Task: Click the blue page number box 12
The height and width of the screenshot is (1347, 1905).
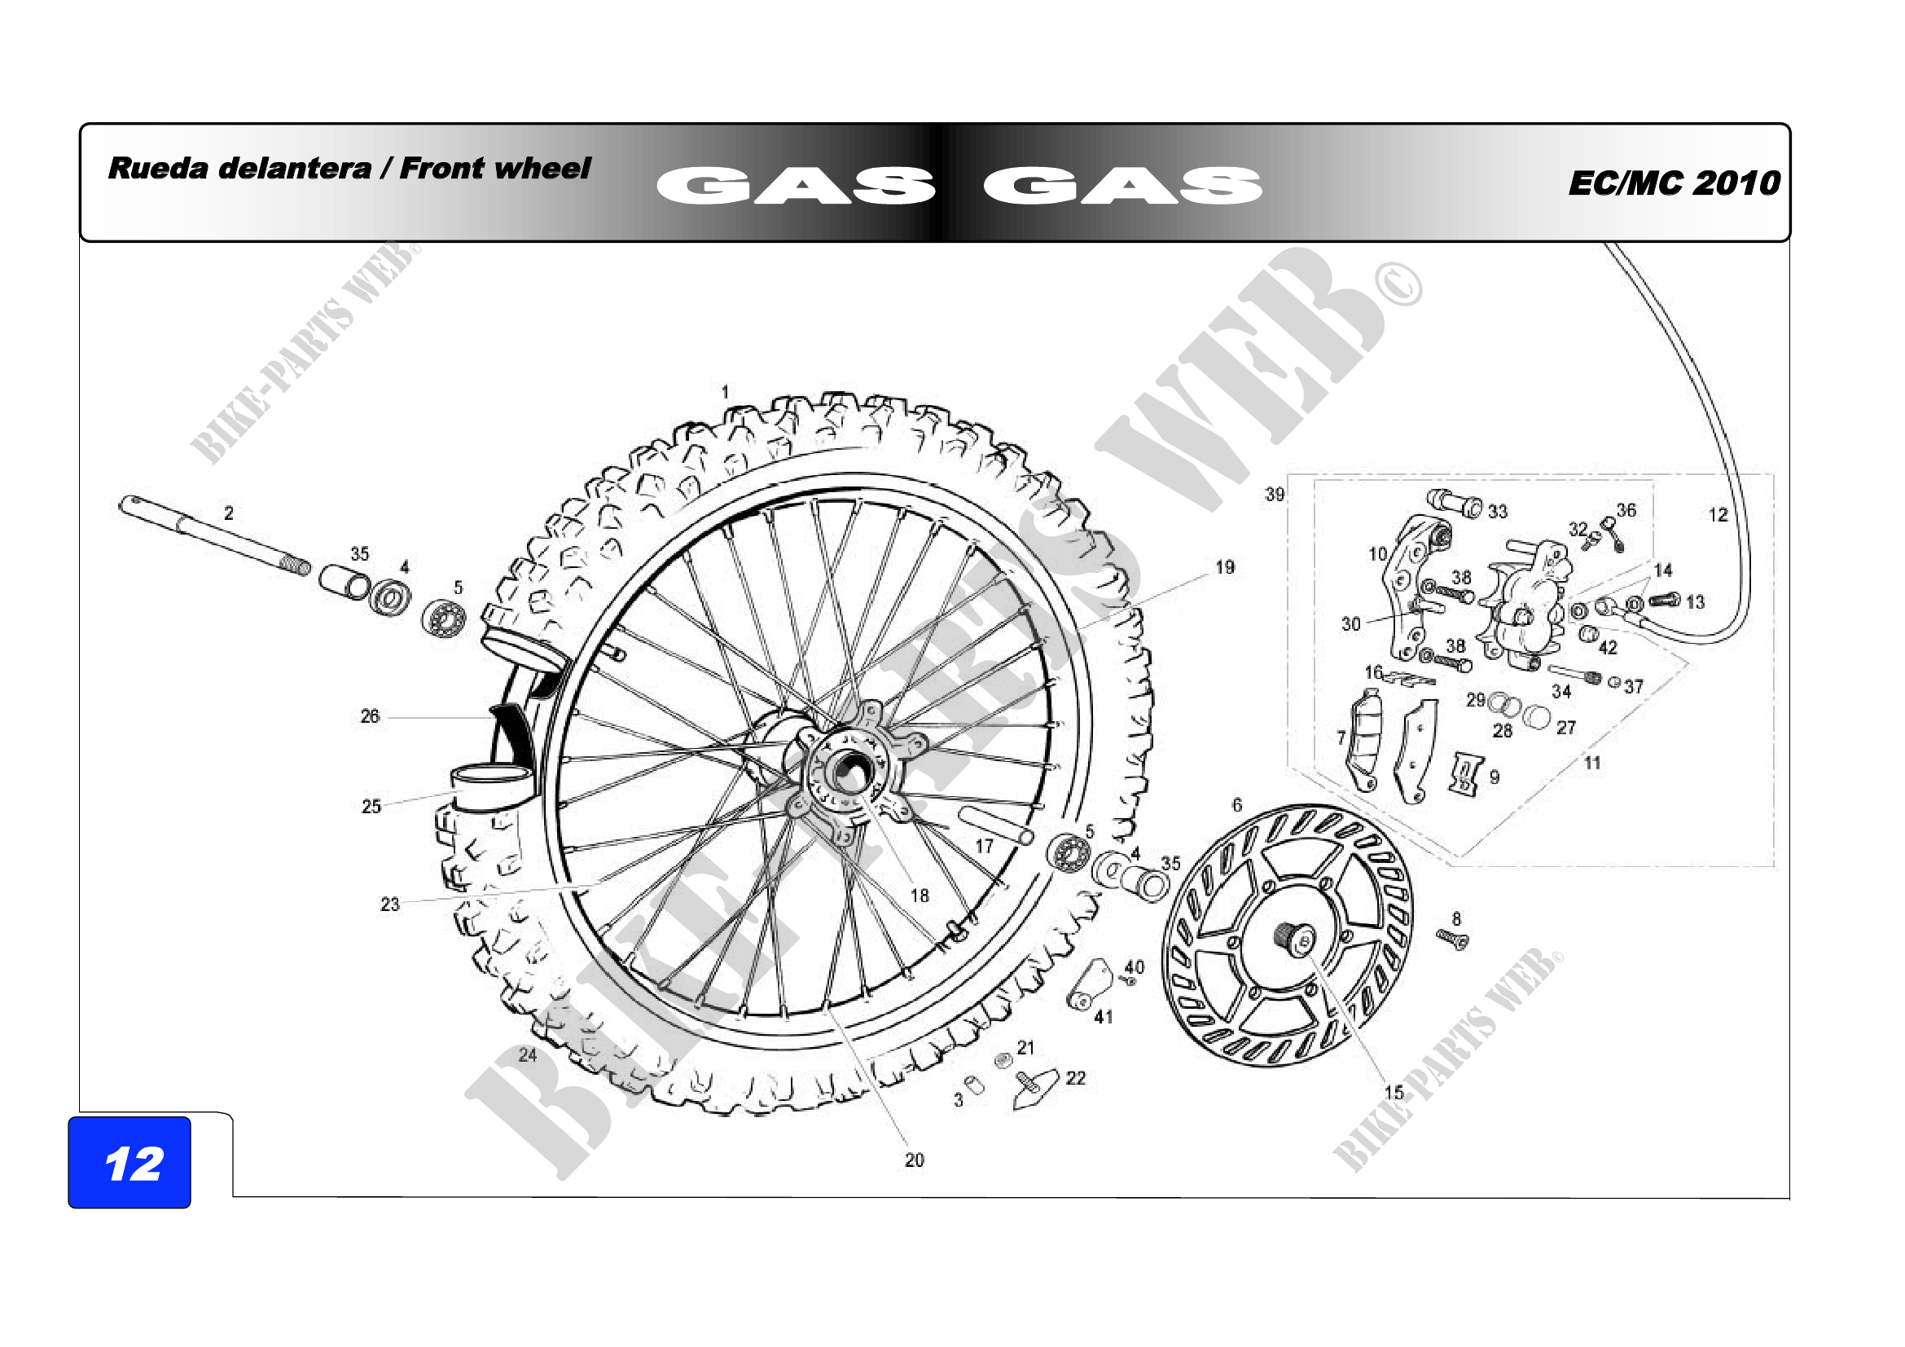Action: click(129, 1162)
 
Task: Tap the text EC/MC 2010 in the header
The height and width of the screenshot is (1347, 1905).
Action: click(1675, 183)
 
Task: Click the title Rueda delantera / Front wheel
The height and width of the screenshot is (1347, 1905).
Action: click(349, 169)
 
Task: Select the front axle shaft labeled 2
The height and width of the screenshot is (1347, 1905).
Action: click(214, 536)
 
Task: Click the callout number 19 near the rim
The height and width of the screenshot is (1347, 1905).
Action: click(1225, 567)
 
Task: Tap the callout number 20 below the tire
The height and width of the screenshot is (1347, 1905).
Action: click(915, 1160)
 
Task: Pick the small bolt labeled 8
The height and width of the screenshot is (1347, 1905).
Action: click(1452, 939)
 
